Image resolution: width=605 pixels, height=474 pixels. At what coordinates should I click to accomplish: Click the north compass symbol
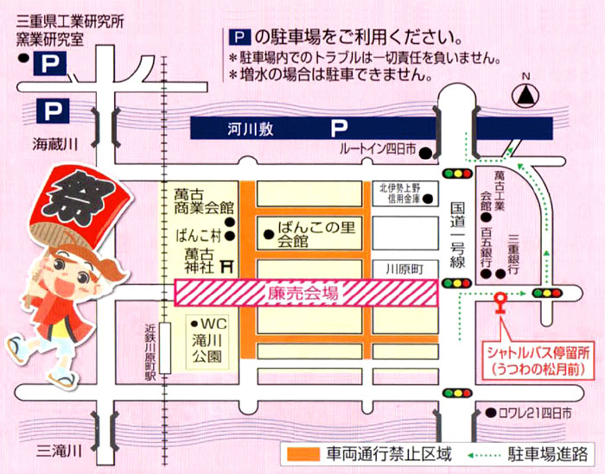(523, 92)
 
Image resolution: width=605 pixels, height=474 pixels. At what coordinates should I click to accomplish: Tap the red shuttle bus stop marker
(499, 301)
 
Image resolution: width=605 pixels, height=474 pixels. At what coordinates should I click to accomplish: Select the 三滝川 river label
(59, 450)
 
